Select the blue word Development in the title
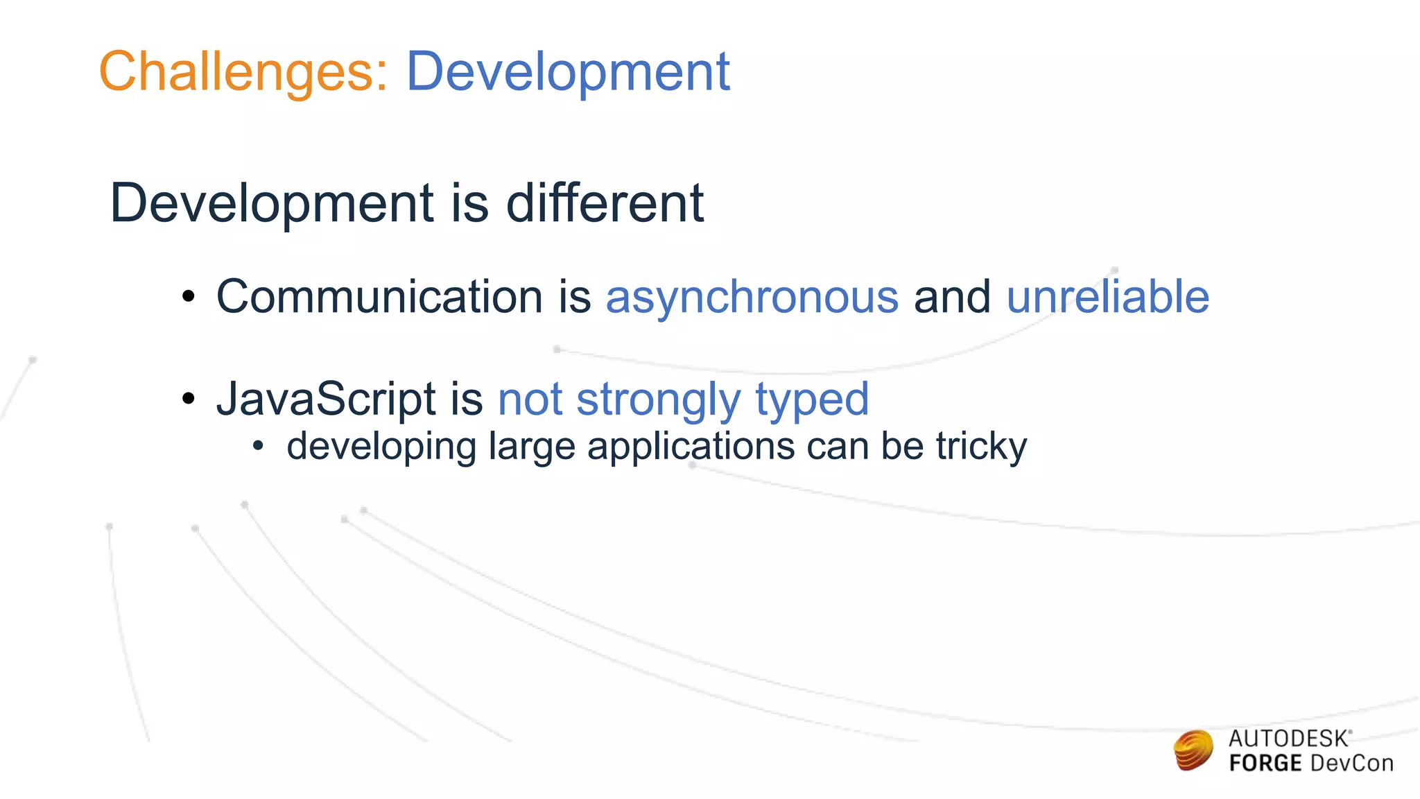click(x=567, y=72)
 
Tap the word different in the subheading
click(x=605, y=203)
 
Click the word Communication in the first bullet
click(x=379, y=297)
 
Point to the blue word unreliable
click(x=1107, y=297)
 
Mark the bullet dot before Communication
click(x=188, y=298)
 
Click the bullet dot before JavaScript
click(x=188, y=399)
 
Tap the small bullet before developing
click(x=258, y=446)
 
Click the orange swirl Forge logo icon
click(x=1194, y=750)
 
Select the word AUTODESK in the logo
click(x=1288, y=739)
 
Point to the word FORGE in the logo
click(x=1265, y=764)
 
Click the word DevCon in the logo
click(x=1351, y=764)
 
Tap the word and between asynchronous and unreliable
click(x=952, y=297)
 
